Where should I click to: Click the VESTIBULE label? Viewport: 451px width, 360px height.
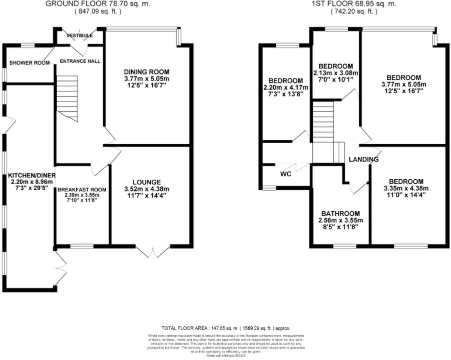pos(79,36)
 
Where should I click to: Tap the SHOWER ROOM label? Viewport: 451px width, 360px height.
pos(30,63)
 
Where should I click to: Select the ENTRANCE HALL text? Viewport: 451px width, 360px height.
pos(80,61)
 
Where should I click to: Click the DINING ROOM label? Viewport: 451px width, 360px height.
pos(146,72)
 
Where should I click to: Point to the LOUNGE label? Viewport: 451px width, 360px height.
pos(147,182)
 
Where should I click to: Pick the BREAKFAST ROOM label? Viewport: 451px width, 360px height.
pos(82,190)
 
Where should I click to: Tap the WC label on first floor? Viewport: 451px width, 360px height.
pos(286,174)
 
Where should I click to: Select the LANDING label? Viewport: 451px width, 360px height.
pos(364,159)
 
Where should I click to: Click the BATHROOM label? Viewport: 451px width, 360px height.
pos(341,213)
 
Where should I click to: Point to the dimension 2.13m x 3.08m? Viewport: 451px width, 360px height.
pos(336,73)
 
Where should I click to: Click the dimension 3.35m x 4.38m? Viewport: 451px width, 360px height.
pos(406,188)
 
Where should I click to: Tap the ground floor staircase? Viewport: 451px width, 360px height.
pos(67,98)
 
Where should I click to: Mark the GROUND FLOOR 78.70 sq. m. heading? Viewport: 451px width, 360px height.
pos(98,4)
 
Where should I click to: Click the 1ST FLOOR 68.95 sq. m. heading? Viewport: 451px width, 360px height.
pos(354,4)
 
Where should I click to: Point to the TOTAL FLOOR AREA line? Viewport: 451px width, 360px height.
pos(226,328)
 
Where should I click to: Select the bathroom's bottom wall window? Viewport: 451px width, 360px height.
pos(345,246)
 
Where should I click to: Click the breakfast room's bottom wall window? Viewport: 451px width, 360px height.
pos(82,246)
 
